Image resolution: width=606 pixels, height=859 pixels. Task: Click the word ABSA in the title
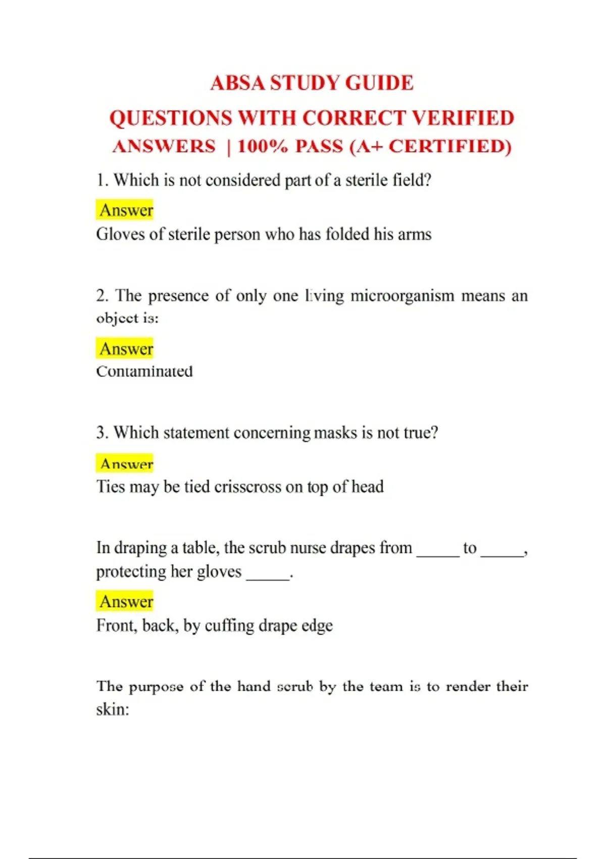(x=238, y=83)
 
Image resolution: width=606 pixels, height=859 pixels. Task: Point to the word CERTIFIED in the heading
(x=450, y=147)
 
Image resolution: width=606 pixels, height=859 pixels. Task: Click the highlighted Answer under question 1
(x=126, y=210)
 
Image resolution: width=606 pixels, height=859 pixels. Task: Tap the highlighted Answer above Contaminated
(x=126, y=349)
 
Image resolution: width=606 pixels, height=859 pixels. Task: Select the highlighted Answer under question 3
(x=126, y=463)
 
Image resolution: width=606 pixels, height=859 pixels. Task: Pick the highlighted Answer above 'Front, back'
(x=126, y=601)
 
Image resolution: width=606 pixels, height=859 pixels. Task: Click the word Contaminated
(x=144, y=371)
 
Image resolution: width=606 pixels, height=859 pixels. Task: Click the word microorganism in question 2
(x=402, y=296)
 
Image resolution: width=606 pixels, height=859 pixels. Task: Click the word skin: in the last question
(x=113, y=709)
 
